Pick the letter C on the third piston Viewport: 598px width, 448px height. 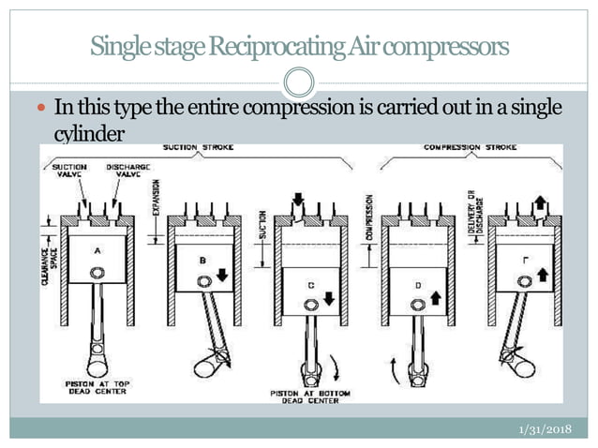[308, 285]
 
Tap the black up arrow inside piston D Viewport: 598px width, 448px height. [435, 297]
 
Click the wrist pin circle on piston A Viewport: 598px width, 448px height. [97, 274]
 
